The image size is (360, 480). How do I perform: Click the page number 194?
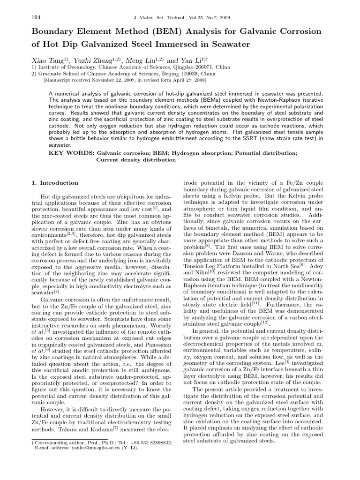tap(35, 18)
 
